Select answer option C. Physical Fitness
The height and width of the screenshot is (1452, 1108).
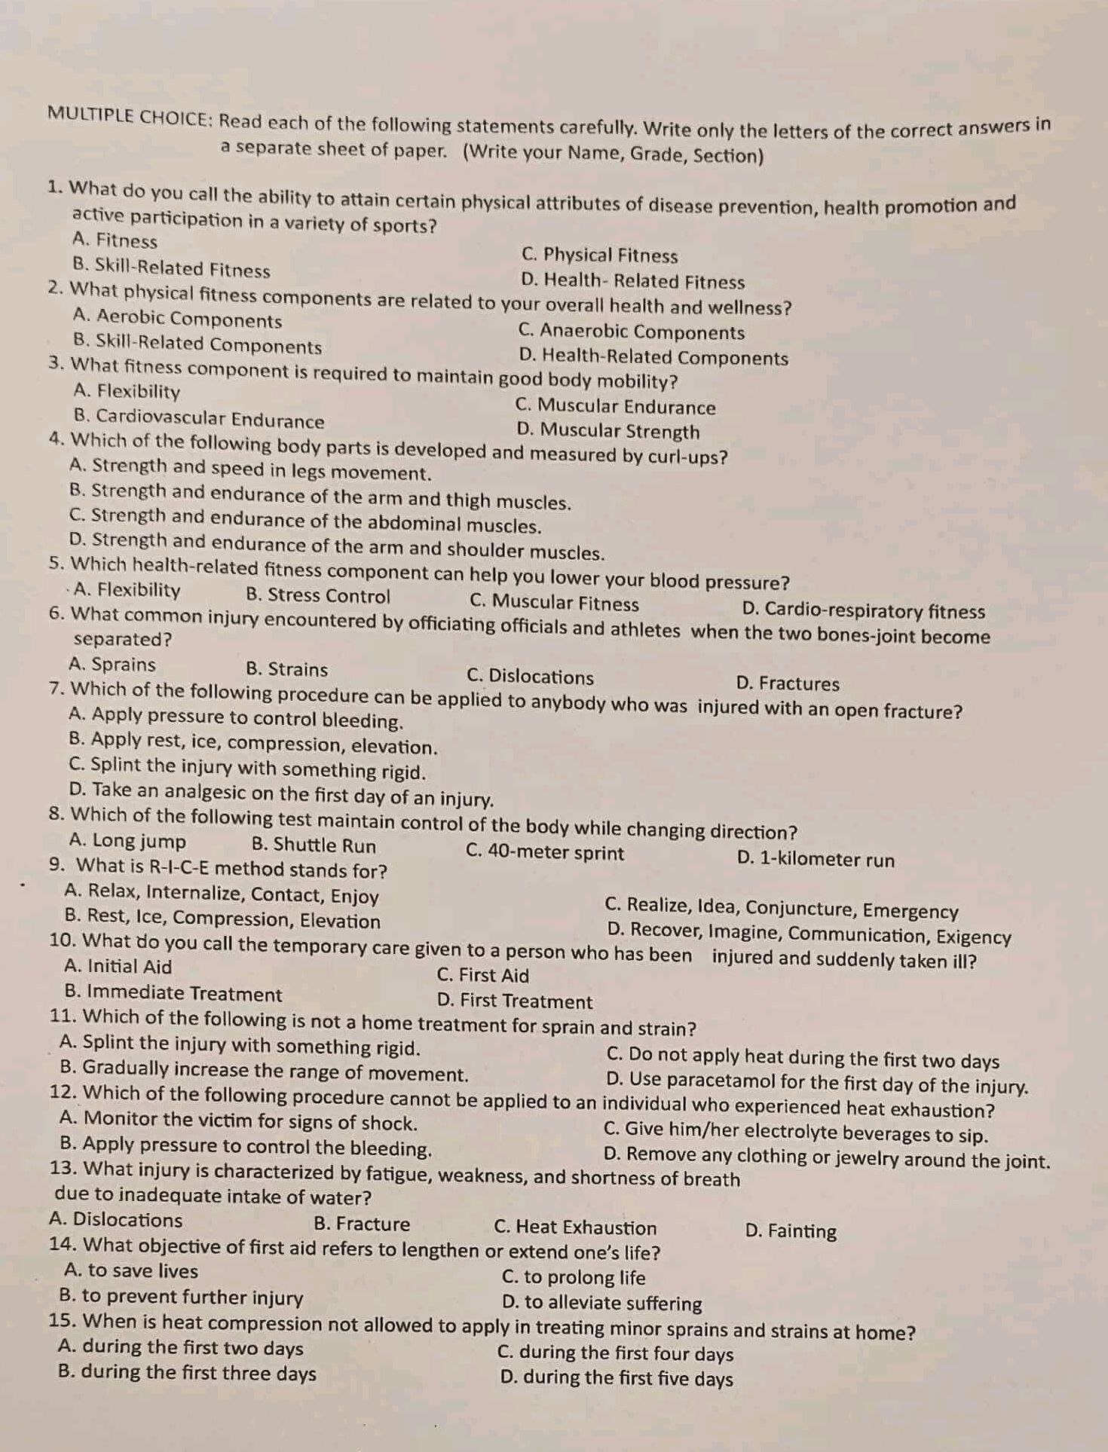599,255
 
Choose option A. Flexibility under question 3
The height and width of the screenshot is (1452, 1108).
127,391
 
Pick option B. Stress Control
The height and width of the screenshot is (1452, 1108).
318,596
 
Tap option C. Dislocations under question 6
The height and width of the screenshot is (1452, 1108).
530,677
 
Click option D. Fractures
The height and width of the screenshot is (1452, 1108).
788,683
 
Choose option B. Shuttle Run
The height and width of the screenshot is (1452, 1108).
314,845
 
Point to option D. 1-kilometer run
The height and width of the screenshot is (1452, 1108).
816,860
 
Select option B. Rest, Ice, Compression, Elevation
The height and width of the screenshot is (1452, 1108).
223,920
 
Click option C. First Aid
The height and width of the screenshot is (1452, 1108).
482,975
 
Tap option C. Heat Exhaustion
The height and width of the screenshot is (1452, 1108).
575,1227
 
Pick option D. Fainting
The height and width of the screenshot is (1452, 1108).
791,1231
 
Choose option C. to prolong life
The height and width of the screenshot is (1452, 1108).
574,1277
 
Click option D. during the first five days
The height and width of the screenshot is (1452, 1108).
616,1378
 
